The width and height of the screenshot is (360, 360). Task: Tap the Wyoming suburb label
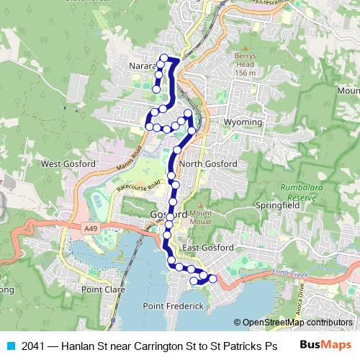pyautogui.click(x=243, y=122)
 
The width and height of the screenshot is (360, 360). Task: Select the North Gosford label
pyautogui.click(x=208, y=164)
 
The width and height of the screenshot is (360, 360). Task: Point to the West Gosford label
pyautogui.click(x=68, y=164)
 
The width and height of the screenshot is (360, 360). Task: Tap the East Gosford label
pyautogui.click(x=207, y=248)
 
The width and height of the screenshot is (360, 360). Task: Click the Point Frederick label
pyautogui.click(x=174, y=306)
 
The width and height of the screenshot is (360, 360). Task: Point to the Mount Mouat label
pyautogui.click(x=201, y=217)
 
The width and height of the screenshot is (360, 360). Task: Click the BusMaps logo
pyautogui.click(x=325, y=345)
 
